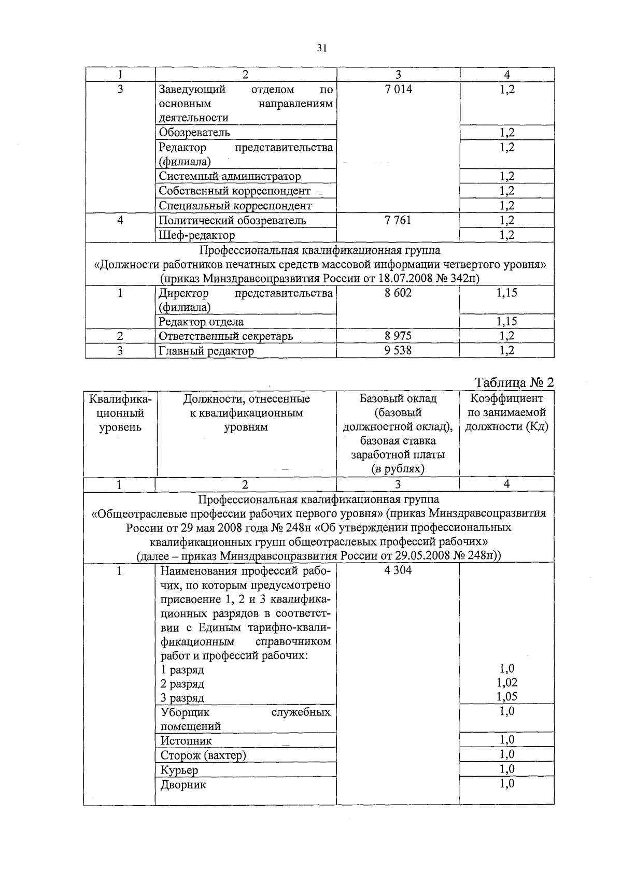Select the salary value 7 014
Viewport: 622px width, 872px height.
398,89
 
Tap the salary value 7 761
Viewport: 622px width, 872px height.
398,220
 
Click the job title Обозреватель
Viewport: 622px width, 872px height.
194,132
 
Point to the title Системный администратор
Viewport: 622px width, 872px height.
230,176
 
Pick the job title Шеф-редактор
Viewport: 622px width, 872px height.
197,235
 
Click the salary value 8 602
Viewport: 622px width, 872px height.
398,293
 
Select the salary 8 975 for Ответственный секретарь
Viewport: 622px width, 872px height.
398,336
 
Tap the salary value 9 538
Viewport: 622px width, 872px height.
398,351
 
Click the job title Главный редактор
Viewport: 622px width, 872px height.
206,351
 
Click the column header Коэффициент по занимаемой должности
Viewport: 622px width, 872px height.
506,413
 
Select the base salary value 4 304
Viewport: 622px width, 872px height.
398,571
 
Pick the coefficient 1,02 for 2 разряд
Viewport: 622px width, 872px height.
507,683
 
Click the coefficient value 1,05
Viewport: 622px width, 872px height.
507,697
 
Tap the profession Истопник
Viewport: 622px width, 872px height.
186,741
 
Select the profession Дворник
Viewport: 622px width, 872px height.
183,784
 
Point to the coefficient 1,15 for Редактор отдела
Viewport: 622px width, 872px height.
506,322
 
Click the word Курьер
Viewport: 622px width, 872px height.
179,770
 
